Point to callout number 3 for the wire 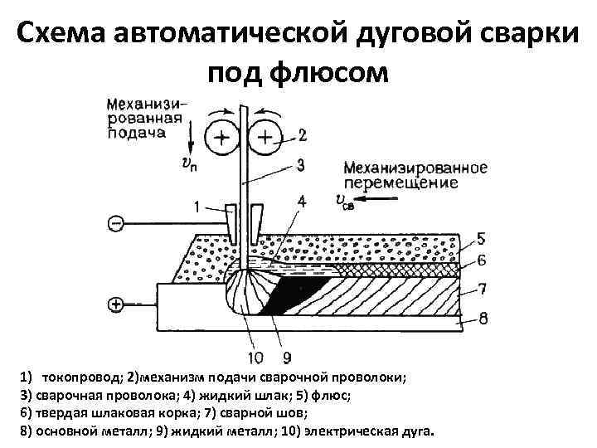pyautogui.click(x=300, y=165)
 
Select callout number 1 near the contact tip pyautogui.click(x=197, y=206)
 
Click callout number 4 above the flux pyautogui.click(x=300, y=201)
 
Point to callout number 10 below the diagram pyautogui.click(x=255, y=358)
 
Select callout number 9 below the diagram pyautogui.click(x=286, y=358)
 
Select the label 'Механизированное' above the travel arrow pyautogui.click(x=415, y=168)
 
